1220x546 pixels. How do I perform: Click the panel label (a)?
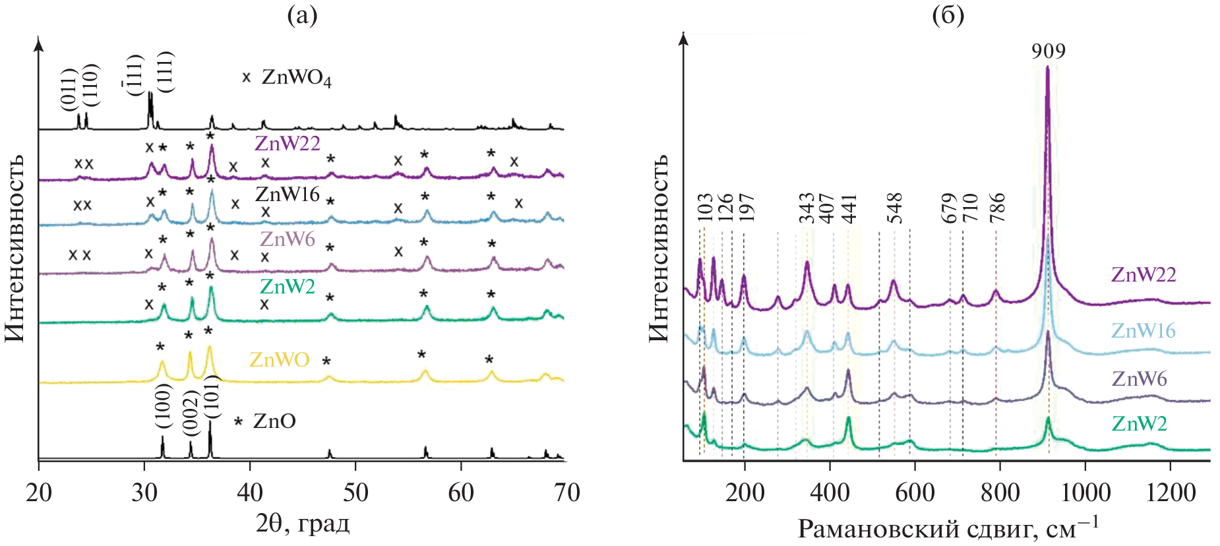click(303, 15)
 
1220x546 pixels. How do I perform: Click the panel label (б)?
click(948, 15)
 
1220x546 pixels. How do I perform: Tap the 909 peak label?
click(1049, 51)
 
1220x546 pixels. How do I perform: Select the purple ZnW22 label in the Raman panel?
click(1144, 274)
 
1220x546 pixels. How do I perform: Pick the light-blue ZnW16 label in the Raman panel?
click(1144, 330)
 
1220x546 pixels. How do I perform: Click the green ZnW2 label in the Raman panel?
click(1139, 423)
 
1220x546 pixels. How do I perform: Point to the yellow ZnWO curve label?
click(280, 359)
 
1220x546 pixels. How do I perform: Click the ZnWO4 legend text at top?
click(296, 78)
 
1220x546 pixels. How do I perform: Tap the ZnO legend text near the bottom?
click(274, 421)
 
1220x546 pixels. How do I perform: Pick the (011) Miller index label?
click(69, 89)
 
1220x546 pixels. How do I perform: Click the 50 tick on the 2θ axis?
click(355, 493)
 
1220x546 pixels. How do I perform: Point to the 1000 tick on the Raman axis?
click(1085, 493)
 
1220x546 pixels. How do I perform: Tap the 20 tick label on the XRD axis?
click(39, 493)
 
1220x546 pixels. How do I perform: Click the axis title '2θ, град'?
click(303, 524)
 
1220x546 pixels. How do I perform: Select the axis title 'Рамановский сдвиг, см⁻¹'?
click(948, 528)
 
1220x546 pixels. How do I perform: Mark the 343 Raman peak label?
click(807, 208)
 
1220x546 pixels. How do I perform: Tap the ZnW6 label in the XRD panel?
click(288, 239)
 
